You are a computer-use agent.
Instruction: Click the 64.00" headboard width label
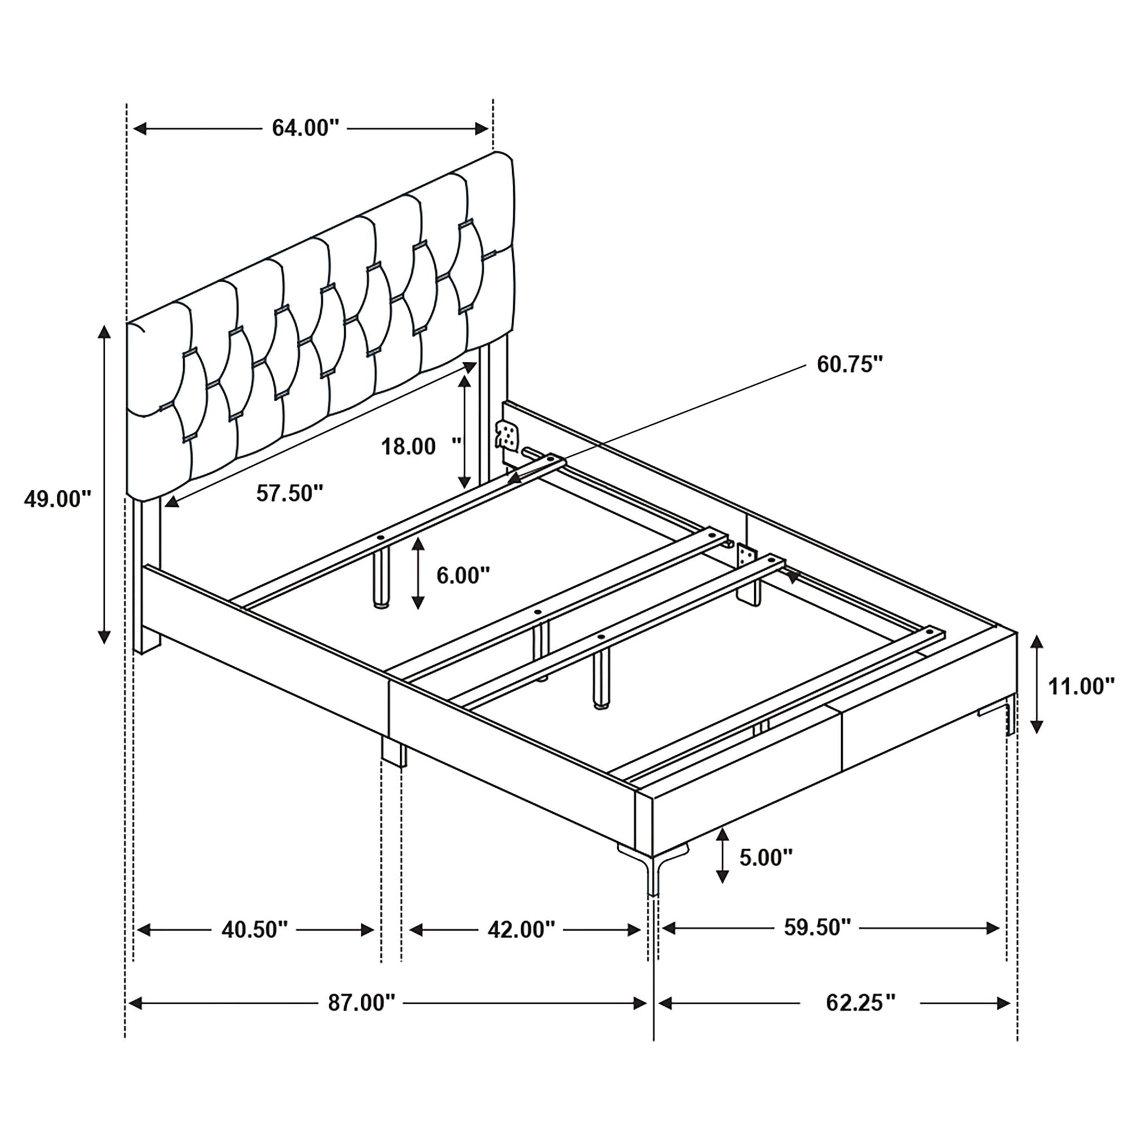pos(306,128)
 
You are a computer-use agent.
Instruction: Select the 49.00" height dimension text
pos(58,499)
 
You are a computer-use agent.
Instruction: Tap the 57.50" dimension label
pos(289,493)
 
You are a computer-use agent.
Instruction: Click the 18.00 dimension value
pos(409,446)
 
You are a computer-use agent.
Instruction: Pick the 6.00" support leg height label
pos(463,576)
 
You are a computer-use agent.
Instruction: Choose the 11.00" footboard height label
pos(1081,686)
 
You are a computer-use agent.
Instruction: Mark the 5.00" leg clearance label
pos(766,858)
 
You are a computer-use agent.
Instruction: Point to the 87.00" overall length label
pos(361,1003)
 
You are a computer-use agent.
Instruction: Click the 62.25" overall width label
pos(861,1003)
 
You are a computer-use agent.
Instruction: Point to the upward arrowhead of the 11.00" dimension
pos(1036,642)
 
